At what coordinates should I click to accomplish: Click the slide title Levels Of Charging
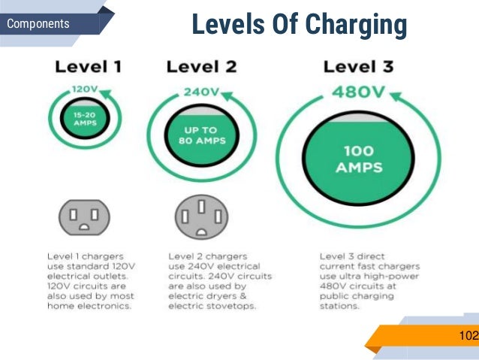coord(299,25)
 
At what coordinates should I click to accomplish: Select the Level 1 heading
coord(88,67)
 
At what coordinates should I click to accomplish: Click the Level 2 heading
coord(201,67)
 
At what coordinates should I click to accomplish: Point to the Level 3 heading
coord(358,67)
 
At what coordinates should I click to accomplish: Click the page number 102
coord(467,335)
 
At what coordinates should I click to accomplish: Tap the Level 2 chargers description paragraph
coord(214,280)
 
